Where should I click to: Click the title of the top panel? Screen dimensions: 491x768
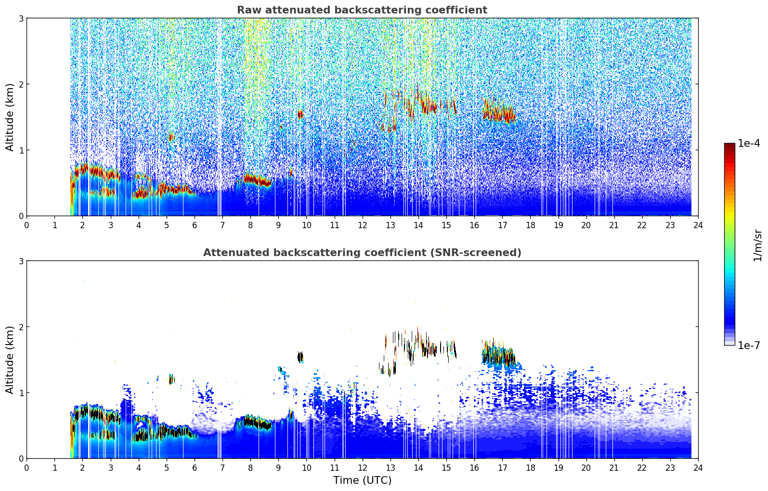pyautogui.click(x=362, y=10)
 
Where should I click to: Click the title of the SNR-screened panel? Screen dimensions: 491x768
pyautogui.click(x=362, y=253)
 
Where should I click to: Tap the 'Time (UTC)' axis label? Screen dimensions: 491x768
pyautogui.click(x=362, y=480)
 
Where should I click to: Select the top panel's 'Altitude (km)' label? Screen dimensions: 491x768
pyautogui.click(x=10, y=117)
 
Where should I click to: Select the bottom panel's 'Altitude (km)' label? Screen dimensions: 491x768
pyautogui.click(x=10, y=360)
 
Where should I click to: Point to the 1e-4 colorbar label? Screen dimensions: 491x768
pyautogui.click(x=749, y=143)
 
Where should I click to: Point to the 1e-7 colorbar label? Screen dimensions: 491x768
pyautogui.click(x=749, y=345)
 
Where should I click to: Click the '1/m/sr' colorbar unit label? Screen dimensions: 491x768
pyautogui.click(x=757, y=245)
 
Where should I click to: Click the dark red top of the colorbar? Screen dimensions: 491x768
pyautogui.click(x=729, y=145)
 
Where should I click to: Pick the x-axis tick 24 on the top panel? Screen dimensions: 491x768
pyautogui.click(x=698, y=225)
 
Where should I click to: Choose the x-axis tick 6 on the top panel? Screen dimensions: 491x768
pyautogui.click(x=195, y=225)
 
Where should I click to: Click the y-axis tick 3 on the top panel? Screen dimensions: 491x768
pyautogui.click(x=21, y=18)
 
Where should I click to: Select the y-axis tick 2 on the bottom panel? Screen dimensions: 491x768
pyautogui.click(x=21, y=327)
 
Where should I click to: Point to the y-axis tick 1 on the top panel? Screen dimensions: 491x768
pyautogui.click(x=21, y=150)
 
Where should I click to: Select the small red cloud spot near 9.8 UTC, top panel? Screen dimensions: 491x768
pyautogui.click(x=300, y=114)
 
